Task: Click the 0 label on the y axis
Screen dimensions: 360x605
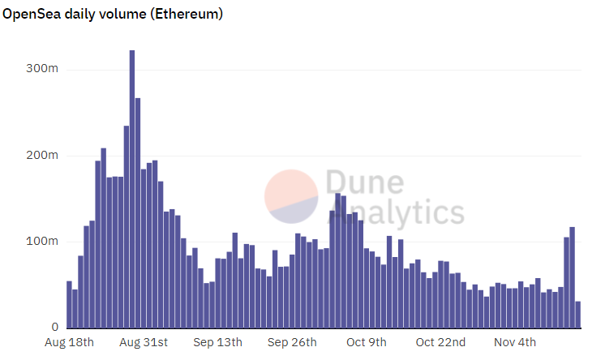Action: (x=54, y=328)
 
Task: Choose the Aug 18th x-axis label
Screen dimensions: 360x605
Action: (x=71, y=342)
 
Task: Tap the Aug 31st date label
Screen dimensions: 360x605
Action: (x=144, y=342)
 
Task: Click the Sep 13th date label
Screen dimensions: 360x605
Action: (x=217, y=342)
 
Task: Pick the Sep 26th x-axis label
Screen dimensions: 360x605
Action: (x=292, y=342)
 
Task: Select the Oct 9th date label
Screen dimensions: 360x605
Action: (x=367, y=342)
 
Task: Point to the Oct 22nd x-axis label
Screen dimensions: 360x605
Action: (x=440, y=342)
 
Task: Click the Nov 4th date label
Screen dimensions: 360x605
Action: (x=515, y=342)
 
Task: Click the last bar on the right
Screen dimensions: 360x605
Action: (x=578, y=315)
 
